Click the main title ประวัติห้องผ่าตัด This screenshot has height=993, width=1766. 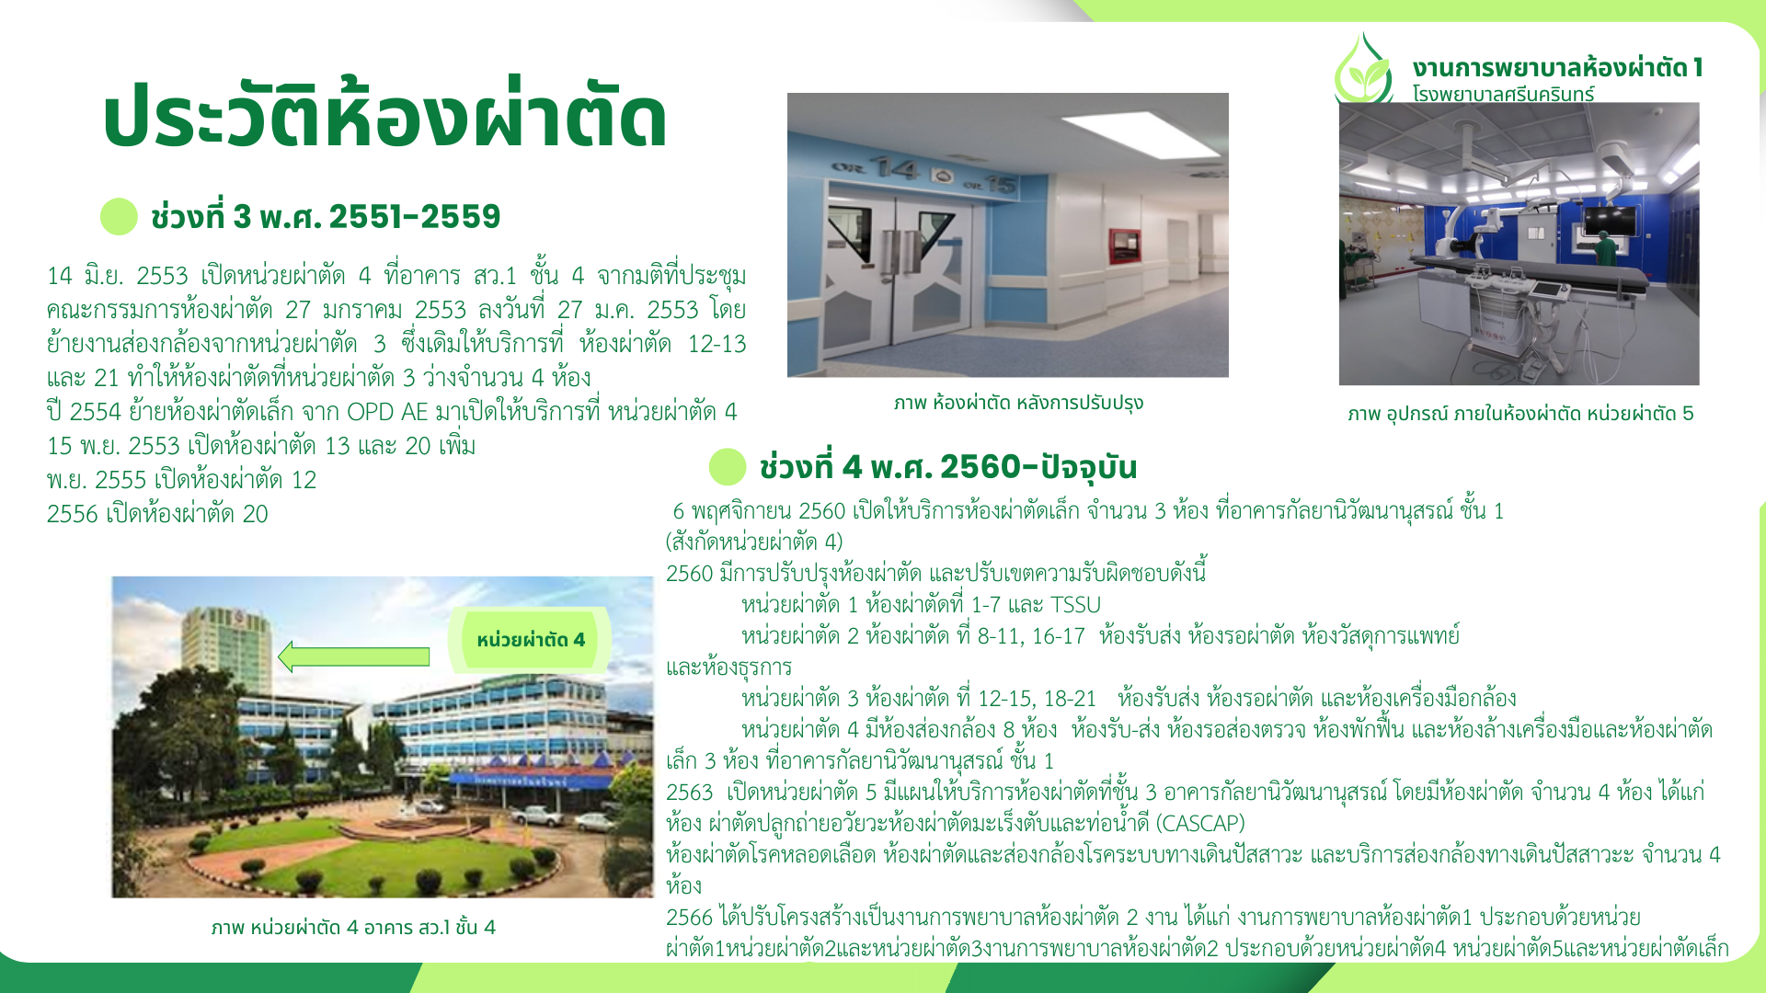(384, 115)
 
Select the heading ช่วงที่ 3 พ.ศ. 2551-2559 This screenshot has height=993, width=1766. (326, 217)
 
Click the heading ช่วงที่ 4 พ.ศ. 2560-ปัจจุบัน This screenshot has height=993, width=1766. (948, 467)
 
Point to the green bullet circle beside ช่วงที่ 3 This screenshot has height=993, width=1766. (119, 217)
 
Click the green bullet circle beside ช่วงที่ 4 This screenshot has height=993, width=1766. (728, 467)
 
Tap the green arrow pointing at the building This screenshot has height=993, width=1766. (353, 656)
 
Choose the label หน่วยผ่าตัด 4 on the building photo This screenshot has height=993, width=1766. (531, 640)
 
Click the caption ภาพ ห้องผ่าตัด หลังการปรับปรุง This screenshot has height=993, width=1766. (1018, 403)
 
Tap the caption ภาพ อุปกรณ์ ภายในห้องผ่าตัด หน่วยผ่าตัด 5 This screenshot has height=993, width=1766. (1520, 414)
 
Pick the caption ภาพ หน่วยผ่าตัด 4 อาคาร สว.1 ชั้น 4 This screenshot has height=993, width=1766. (353, 927)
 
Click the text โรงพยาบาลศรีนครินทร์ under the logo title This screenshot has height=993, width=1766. (1503, 94)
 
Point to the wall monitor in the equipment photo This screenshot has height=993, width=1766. (1609, 221)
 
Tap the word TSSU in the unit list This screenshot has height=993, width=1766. (1075, 605)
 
